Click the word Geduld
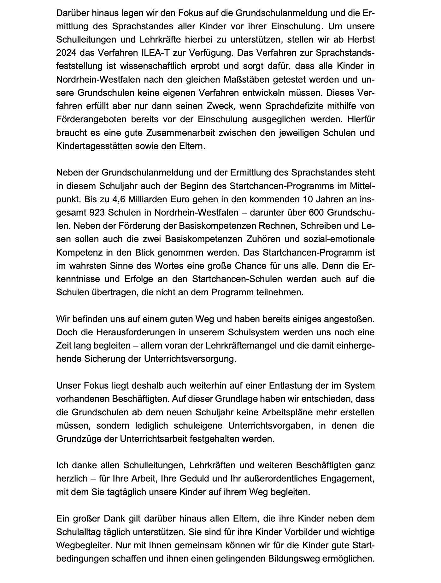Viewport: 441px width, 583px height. point(193,479)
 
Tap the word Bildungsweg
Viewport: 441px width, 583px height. point(293,559)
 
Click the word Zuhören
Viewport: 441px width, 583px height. point(264,239)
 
